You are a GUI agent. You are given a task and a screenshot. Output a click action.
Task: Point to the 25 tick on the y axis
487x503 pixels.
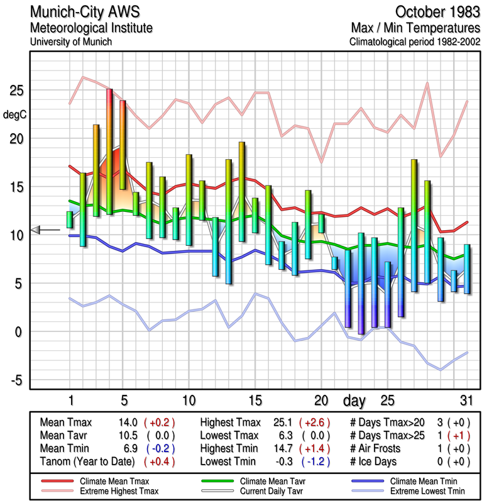pyautogui.click(x=16, y=91)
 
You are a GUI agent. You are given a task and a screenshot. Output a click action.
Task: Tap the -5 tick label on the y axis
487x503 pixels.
pyautogui.click(x=16, y=380)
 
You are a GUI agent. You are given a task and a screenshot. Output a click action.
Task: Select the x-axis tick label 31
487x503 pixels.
pyautogui.click(x=466, y=400)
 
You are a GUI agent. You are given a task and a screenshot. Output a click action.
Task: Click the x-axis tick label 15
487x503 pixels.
pyautogui.click(x=255, y=400)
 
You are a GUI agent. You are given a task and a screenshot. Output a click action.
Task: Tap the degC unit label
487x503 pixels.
pyautogui.click(x=15, y=114)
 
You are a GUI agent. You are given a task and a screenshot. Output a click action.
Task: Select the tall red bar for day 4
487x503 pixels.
pyautogui.click(x=109, y=151)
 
